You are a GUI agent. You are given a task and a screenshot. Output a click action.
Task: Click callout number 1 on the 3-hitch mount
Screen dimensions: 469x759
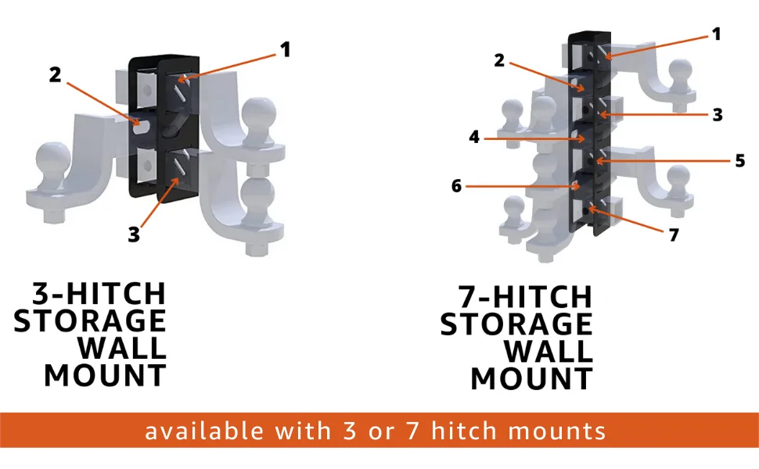[x=286, y=50]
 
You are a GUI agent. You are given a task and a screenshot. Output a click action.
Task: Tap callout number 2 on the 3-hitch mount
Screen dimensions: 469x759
[x=55, y=75]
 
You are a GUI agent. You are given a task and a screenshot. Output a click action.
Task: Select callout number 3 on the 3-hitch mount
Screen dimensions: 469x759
[x=135, y=234]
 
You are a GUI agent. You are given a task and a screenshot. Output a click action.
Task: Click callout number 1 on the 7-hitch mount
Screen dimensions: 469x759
[x=715, y=34]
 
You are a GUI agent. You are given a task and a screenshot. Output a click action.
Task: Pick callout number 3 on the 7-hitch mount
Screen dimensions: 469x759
[x=718, y=114]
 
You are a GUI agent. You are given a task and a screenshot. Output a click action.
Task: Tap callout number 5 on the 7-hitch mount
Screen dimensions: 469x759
[x=740, y=161]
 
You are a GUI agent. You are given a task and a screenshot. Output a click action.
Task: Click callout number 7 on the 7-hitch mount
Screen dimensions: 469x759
[x=674, y=234]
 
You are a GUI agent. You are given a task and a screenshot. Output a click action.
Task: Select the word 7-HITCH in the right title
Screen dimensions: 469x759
[x=526, y=297]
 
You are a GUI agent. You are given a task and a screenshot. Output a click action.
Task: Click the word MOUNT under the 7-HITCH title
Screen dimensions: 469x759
[x=531, y=379]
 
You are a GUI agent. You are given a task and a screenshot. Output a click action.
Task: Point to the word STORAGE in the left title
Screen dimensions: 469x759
[x=90, y=321]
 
